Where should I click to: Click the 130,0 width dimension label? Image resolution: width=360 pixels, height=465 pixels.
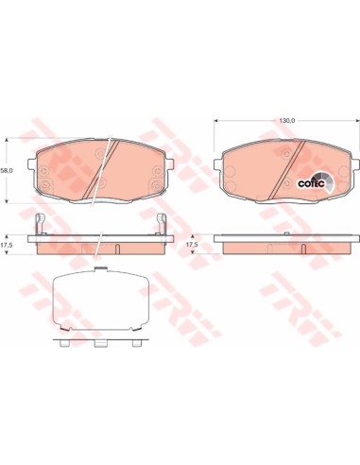286,121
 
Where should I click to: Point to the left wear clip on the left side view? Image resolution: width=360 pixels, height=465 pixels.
41,224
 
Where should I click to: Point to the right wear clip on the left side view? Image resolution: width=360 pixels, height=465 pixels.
162,224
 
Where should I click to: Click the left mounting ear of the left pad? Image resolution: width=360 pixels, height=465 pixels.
32,164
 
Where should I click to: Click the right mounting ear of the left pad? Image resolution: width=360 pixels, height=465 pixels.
168,164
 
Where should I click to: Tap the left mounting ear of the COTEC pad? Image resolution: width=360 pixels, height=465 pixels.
218,164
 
